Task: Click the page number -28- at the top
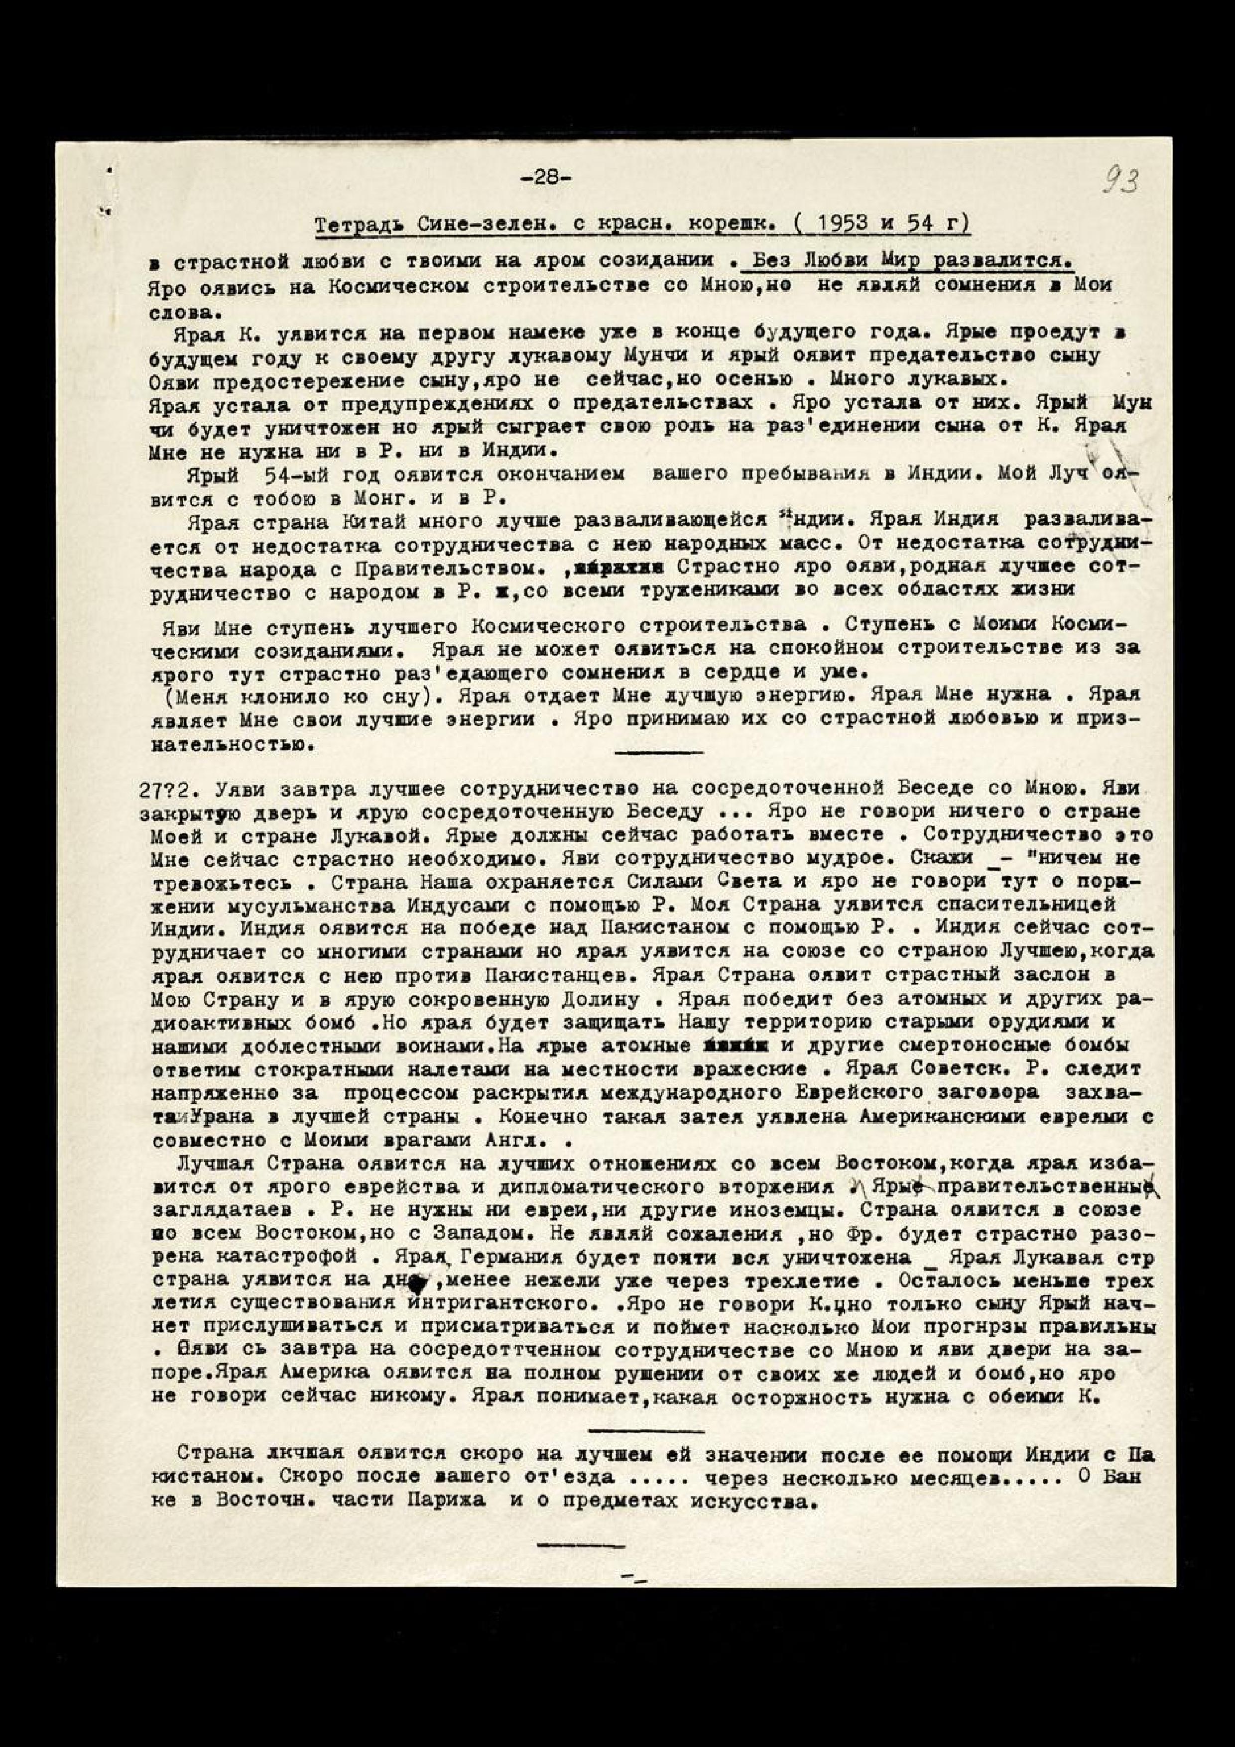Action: tap(546, 177)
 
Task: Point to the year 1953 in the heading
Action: tap(861, 225)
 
